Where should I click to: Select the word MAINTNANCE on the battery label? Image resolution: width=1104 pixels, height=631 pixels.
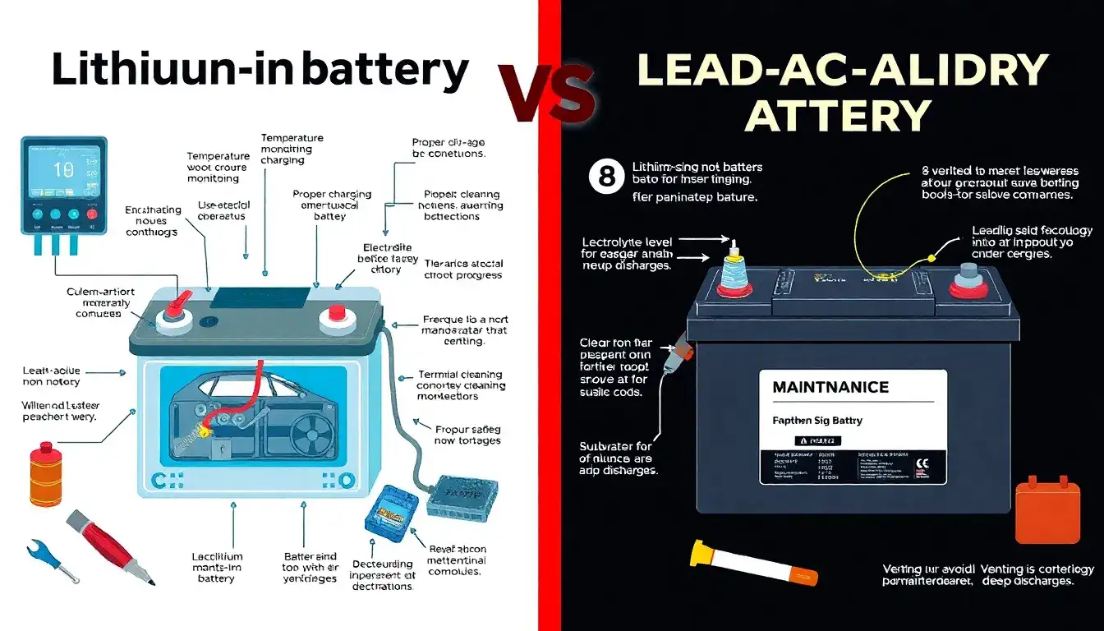(x=830, y=386)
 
